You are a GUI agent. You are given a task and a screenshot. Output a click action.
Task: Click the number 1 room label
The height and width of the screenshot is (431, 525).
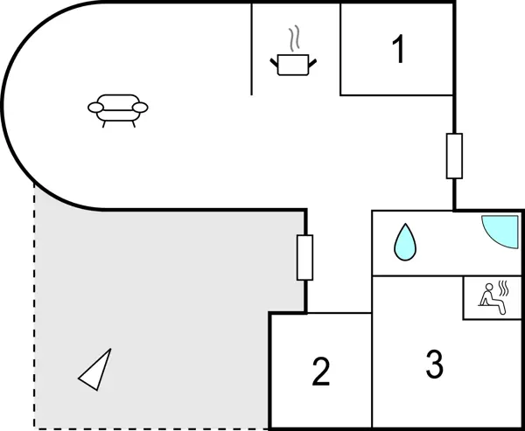[x=398, y=50]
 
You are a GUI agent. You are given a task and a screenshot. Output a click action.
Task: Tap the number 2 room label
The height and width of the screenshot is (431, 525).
[x=321, y=372]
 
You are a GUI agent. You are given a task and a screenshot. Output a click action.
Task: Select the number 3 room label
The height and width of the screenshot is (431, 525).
[x=434, y=365]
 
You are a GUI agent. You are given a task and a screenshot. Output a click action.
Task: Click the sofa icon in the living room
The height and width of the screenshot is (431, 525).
[x=117, y=108]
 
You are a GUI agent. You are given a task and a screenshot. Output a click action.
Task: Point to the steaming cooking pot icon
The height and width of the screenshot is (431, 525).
[x=294, y=64]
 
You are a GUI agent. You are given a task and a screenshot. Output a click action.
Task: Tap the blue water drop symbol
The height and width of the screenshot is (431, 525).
[x=404, y=242]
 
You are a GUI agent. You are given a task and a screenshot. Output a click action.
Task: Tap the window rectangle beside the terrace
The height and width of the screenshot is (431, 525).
[x=304, y=257]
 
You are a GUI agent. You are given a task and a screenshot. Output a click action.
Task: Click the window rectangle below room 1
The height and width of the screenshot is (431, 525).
[x=454, y=156]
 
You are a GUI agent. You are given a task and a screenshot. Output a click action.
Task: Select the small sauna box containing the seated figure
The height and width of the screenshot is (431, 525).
[x=493, y=297]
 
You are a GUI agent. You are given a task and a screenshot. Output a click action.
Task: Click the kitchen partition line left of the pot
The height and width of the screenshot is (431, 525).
[x=252, y=48]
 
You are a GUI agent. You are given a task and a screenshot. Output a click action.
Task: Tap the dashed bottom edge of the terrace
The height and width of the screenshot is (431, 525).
[x=149, y=428]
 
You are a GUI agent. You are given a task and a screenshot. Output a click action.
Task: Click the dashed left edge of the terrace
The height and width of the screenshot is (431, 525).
[x=34, y=306]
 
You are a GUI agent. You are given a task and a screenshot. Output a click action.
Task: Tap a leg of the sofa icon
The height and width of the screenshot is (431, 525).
[x=105, y=123]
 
